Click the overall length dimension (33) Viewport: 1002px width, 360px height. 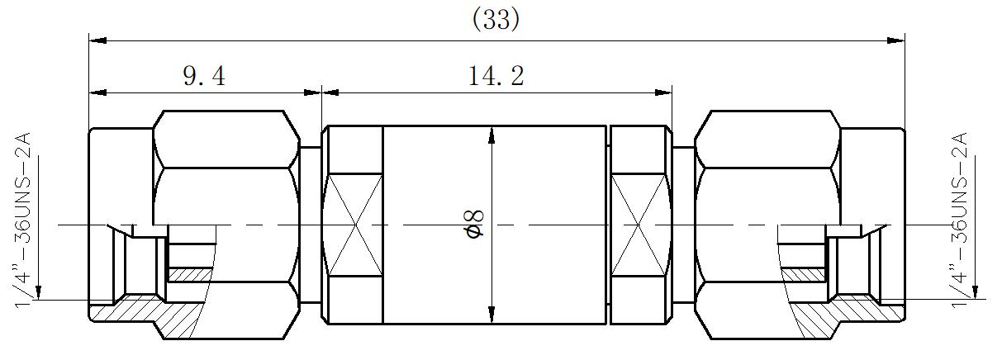[496, 20]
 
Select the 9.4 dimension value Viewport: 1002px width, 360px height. [203, 77]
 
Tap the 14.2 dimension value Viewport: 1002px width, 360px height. [496, 77]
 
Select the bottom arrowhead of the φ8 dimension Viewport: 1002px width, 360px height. [492, 314]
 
